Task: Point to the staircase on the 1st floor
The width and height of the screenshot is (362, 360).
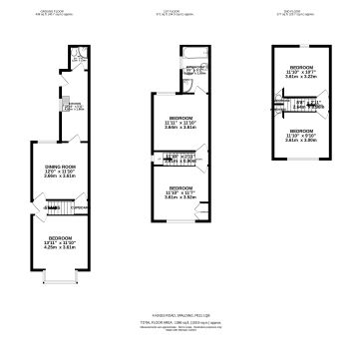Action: (x=177, y=157)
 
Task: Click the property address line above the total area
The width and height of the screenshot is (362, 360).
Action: (x=181, y=315)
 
